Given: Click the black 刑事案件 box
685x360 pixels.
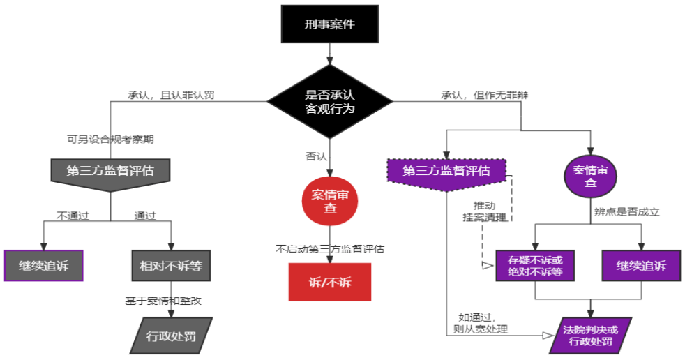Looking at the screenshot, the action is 330,24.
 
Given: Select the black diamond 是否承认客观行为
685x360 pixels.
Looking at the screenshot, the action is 330,101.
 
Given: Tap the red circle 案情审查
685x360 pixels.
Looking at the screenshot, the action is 330,201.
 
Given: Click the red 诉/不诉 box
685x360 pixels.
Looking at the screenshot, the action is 330,282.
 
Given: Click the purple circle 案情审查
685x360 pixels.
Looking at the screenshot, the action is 591,176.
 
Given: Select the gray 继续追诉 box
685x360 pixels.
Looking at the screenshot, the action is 44,266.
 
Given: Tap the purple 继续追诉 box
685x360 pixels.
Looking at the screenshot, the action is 641,266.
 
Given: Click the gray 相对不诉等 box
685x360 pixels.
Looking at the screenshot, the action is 172,266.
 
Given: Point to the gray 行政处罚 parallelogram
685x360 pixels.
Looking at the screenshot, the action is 172,336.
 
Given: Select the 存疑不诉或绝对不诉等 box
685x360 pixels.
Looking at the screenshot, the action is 535,266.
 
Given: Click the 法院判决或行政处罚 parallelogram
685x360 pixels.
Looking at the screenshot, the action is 591,336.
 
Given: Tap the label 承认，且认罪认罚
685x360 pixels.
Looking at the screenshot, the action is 171,95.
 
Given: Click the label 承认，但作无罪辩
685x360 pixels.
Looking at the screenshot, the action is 485,95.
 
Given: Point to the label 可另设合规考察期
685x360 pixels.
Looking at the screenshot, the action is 110,140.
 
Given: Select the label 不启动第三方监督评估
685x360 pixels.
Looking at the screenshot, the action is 330,249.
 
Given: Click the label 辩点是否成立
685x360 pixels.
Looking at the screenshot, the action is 626,212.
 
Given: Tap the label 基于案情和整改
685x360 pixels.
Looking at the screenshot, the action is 163,301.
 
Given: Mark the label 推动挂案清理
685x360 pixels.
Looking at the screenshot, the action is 485,211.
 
